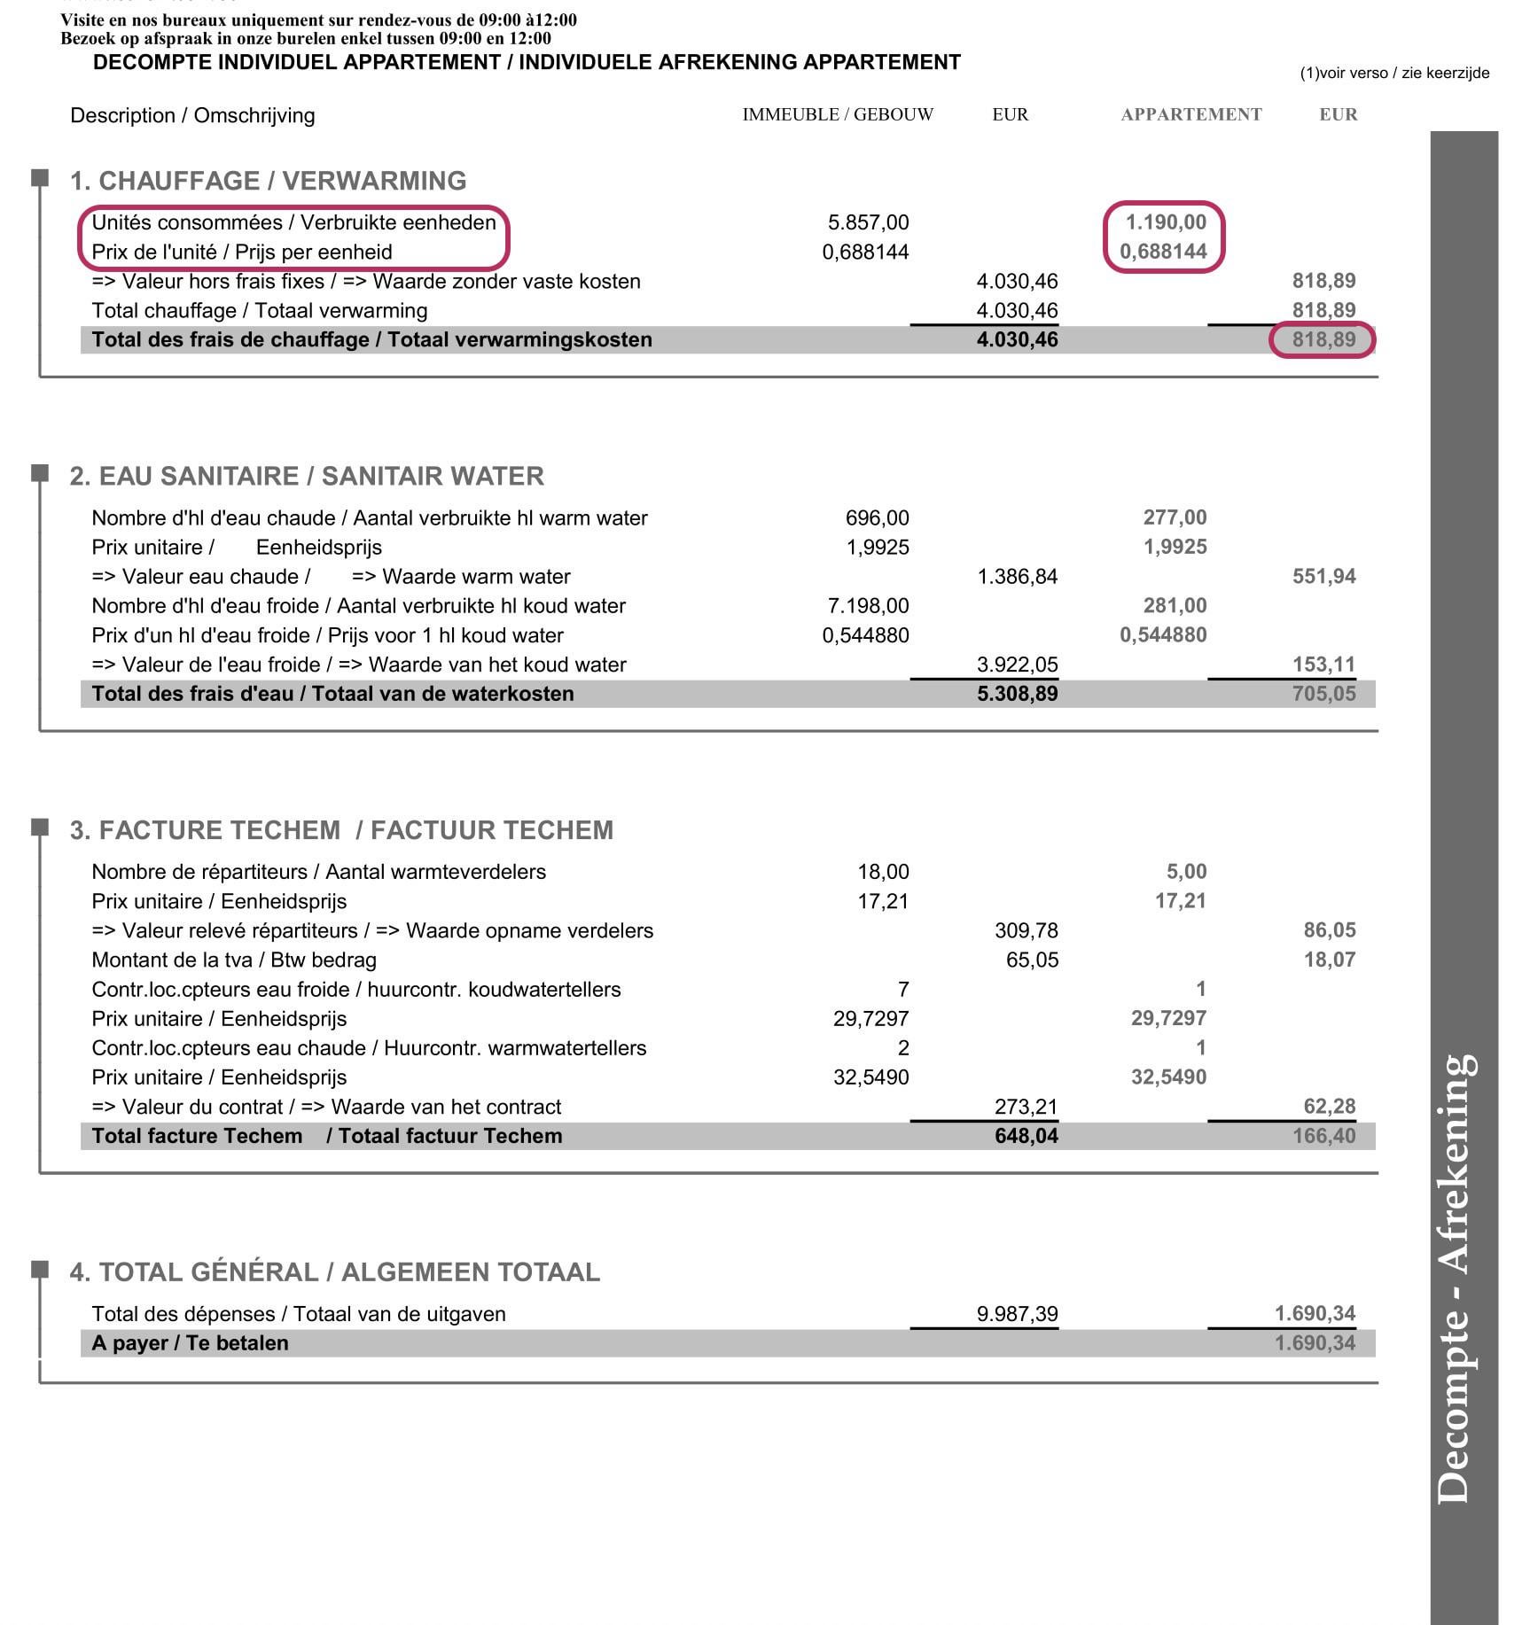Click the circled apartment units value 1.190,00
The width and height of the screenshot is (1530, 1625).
point(1166,222)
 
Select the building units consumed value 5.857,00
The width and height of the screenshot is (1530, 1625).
point(868,222)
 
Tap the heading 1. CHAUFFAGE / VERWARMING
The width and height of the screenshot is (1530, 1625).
point(268,181)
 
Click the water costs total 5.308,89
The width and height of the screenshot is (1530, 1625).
point(1017,694)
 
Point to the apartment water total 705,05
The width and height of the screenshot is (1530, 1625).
point(1323,694)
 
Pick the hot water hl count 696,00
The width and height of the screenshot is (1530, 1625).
point(877,517)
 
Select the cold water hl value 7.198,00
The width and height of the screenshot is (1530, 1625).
point(868,606)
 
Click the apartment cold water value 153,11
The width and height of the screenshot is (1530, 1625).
point(1323,665)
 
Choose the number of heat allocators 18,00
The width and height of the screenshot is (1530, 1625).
point(883,872)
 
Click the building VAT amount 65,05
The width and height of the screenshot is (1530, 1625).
point(1032,960)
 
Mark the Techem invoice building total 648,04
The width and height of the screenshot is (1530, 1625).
point(1026,1136)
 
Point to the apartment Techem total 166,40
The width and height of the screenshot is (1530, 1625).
point(1323,1136)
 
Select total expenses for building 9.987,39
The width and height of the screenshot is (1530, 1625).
point(1017,1314)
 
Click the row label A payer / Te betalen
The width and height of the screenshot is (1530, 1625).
point(190,1343)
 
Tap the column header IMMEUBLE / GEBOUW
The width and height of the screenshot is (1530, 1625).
point(838,114)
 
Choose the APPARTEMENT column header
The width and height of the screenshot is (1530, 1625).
point(1190,114)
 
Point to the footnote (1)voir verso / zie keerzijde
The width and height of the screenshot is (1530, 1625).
point(1394,74)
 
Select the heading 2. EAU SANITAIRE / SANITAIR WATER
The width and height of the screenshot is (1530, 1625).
point(307,476)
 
